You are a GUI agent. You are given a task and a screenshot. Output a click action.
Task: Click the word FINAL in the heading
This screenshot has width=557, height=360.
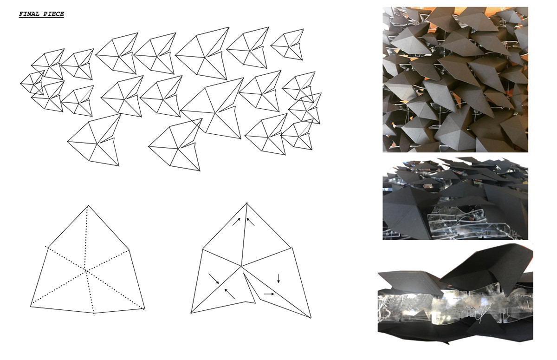[x=29, y=14]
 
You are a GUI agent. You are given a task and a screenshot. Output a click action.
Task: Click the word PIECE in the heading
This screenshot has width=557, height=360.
[x=54, y=14]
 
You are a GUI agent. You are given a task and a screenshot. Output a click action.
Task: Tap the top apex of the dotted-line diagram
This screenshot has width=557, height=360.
[x=88, y=206]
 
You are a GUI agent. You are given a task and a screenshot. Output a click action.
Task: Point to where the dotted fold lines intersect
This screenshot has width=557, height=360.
[x=86, y=271]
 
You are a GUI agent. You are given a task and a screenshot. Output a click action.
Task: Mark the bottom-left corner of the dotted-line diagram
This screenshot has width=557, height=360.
[x=31, y=307]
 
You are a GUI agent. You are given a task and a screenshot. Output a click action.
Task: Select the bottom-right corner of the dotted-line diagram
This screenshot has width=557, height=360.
[x=144, y=309]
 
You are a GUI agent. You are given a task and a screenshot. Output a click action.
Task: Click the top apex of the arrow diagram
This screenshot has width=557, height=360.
[x=246, y=203]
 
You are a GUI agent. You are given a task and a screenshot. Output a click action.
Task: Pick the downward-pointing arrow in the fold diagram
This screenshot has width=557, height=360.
[x=278, y=278]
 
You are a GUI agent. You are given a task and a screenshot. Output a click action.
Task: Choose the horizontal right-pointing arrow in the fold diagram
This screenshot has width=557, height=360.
[x=269, y=294]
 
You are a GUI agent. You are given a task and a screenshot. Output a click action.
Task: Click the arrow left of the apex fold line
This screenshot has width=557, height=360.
[x=236, y=222]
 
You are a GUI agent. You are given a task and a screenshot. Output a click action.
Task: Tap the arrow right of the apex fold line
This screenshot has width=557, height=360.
[x=250, y=222]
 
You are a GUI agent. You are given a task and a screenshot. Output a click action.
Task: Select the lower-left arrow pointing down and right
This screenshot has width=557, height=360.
[x=214, y=279]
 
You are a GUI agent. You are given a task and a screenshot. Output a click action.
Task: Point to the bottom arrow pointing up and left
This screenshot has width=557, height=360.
[x=229, y=294]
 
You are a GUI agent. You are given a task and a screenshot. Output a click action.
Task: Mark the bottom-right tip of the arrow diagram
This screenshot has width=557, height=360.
[x=311, y=318]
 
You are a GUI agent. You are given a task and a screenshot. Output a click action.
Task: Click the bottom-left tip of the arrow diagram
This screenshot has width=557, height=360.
[x=191, y=313]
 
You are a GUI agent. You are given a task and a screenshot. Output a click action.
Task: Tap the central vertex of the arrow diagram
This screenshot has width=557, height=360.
[x=241, y=266]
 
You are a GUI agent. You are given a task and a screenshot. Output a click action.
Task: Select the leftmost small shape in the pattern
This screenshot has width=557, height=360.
[x=32, y=83]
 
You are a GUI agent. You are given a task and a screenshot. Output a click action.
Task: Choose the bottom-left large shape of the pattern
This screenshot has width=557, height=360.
[x=94, y=140]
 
